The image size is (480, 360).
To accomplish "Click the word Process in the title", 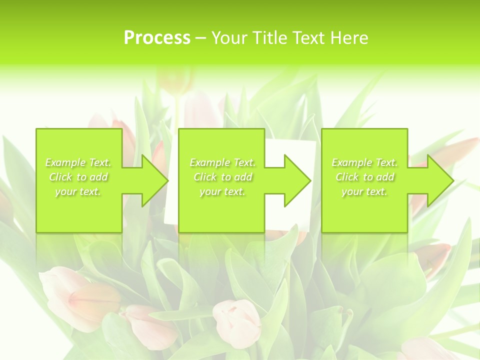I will [x=157, y=38].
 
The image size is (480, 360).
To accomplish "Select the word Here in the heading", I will [x=349, y=38].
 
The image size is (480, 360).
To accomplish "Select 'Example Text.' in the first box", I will [x=78, y=162].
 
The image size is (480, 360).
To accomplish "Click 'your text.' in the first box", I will [x=78, y=191].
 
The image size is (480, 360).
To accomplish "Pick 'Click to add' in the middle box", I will [x=222, y=177].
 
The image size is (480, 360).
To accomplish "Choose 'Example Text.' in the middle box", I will [x=222, y=162].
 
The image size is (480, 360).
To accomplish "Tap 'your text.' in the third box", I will [x=364, y=191].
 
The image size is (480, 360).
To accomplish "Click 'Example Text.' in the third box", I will [x=364, y=162].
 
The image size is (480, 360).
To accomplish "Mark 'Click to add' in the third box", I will [x=364, y=177].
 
